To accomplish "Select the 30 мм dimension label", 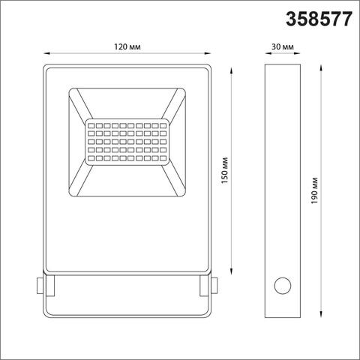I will point(283,46).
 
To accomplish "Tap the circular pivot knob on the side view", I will point(283,286).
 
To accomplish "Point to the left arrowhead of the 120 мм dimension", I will point(45,53).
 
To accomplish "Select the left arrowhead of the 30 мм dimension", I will point(268,53).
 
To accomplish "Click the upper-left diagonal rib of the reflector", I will point(82,103).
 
